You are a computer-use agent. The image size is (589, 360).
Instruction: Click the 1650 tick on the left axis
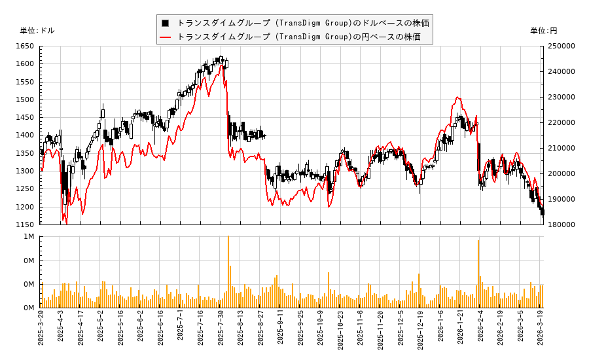click(26, 46)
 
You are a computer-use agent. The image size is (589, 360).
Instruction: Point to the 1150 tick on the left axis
click(26, 225)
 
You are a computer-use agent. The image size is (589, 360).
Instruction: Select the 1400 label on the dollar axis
click(26, 135)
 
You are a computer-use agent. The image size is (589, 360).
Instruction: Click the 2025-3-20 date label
click(41, 332)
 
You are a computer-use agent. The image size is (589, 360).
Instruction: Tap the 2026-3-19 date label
click(541, 332)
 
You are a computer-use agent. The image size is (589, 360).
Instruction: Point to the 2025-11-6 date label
click(361, 332)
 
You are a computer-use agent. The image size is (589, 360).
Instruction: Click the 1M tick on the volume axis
click(29, 237)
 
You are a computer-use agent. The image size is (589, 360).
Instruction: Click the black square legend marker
click(166, 23)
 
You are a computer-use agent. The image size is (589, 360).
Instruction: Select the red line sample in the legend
click(166, 37)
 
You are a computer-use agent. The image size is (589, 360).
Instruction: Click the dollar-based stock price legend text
click(303, 23)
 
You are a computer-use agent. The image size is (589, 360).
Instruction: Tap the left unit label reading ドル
click(37, 31)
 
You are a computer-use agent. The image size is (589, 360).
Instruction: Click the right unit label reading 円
click(544, 31)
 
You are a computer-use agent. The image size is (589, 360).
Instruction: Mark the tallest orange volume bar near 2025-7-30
click(228, 272)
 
